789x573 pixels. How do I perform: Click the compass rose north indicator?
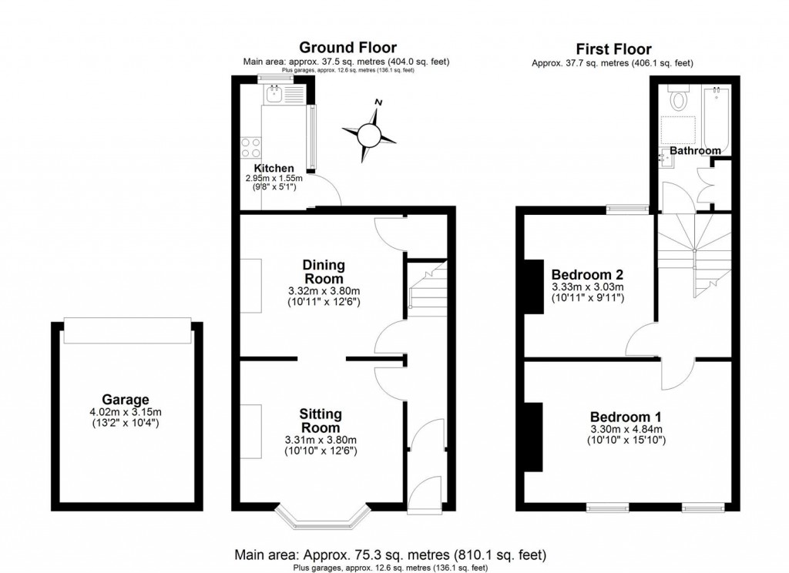(x=378, y=103)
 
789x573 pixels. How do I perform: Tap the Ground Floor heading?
(x=347, y=49)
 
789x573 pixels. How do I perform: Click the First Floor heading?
(x=613, y=49)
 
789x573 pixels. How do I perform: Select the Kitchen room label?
(x=273, y=168)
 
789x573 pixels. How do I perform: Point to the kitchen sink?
(x=274, y=95)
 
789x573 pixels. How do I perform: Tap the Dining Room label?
(x=324, y=271)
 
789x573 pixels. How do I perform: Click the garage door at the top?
(x=126, y=331)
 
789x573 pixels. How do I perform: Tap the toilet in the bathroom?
(x=679, y=99)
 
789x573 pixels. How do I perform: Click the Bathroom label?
(x=695, y=150)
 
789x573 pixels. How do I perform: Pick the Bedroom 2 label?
(x=587, y=274)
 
